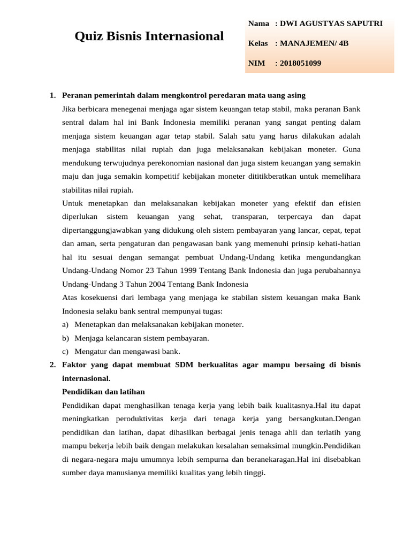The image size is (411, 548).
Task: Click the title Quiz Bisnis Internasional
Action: (149, 36)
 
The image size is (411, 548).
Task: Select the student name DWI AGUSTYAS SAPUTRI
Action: (329, 24)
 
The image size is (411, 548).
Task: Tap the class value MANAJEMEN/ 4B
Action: (311, 43)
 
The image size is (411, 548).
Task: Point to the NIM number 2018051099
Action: (298, 63)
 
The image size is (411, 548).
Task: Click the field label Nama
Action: (258, 24)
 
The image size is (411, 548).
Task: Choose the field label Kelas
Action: (258, 43)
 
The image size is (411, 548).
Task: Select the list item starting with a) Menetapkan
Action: (153, 324)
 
